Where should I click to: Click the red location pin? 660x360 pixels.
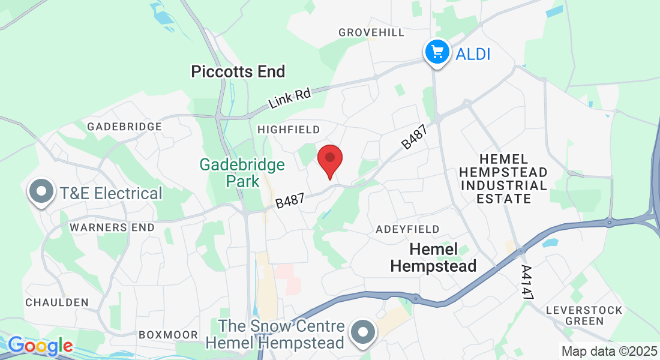click(x=329, y=159)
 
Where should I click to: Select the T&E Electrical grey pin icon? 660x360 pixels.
click(x=42, y=192)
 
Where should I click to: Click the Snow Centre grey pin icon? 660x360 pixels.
click(x=363, y=332)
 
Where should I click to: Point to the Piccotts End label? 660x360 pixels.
click(x=238, y=72)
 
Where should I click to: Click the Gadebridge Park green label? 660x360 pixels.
click(x=242, y=172)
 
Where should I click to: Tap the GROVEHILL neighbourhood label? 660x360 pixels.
click(x=371, y=32)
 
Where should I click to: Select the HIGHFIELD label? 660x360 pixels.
click(x=289, y=130)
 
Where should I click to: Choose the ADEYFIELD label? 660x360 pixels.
click(x=407, y=229)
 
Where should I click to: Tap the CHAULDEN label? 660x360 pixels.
click(x=57, y=302)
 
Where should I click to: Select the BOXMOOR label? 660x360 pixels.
click(x=164, y=335)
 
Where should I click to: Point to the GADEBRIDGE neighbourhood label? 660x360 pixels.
click(x=124, y=127)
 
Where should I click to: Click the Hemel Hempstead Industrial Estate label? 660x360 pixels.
click(x=503, y=179)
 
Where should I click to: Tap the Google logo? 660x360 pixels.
click(x=40, y=346)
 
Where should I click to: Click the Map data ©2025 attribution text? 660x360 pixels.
click(x=608, y=351)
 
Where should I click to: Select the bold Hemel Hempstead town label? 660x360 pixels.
click(x=433, y=257)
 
